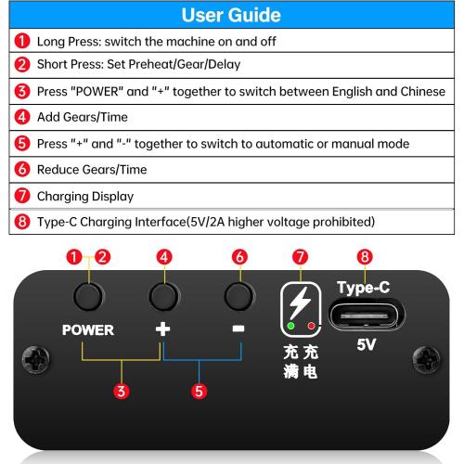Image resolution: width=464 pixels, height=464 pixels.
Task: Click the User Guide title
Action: point(231,15)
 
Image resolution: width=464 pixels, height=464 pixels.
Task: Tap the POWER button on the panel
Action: point(89,296)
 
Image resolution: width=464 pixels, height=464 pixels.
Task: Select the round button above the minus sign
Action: point(239,296)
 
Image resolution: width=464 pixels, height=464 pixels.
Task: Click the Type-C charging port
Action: point(367,316)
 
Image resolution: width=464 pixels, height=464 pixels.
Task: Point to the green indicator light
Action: point(290,326)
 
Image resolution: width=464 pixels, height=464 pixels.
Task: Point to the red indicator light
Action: point(311,326)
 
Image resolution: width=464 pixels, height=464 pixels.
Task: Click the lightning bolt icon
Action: point(300,303)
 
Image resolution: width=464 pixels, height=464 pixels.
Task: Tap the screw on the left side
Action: point(36,360)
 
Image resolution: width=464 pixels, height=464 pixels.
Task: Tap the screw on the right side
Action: point(427,360)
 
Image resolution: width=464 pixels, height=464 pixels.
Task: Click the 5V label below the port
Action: point(367,344)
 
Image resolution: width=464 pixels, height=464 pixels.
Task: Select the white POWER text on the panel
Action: point(88,330)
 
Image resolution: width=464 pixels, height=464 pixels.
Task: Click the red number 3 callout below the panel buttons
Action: point(122,392)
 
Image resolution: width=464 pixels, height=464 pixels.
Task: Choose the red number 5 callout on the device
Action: point(199,392)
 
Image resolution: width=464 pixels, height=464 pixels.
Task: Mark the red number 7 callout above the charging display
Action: point(300,257)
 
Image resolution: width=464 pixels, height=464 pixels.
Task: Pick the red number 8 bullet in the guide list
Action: point(22,222)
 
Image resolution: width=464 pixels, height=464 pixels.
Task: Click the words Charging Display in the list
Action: point(85,197)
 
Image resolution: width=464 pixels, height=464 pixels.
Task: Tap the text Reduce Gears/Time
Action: point(92,170)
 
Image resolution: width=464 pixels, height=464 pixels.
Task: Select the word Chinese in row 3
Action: point(423,91)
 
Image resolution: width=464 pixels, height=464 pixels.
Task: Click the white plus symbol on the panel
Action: point(162,329)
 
